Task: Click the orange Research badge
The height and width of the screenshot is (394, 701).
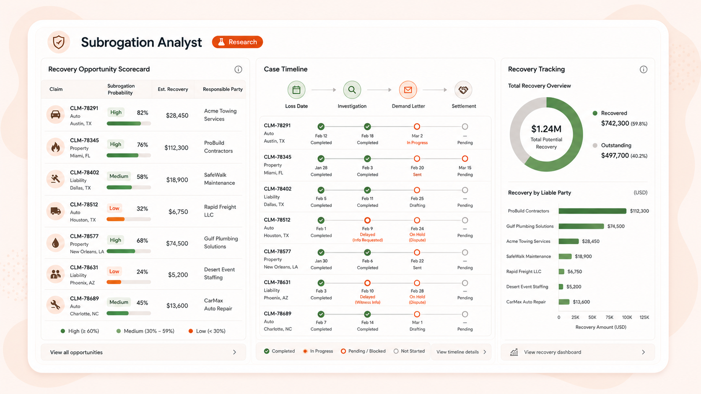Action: click(237, 42)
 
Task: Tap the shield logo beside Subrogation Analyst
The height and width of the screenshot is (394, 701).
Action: click(59, 42)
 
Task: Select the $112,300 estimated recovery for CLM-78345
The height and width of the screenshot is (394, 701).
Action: click(177, 147)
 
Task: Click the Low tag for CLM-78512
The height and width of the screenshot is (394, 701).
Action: click(114, 208)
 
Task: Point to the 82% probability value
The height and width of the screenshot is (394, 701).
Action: click(143, 113)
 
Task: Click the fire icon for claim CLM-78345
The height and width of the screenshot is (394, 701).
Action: click(55, 147)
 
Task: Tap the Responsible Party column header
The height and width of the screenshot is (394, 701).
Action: click(223, 89)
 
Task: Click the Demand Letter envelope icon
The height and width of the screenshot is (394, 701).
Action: click(408, 90)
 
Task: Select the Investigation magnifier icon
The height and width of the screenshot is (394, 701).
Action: click(352, 90)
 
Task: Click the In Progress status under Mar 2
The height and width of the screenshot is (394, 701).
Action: click(417, 142)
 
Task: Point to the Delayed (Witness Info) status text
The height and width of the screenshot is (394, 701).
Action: click(367, 299)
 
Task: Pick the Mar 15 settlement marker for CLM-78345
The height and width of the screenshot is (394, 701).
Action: click(465, 159)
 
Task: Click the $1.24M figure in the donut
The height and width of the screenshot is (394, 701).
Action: click(546, 129)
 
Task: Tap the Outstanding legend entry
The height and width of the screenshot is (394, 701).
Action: click(616, 145)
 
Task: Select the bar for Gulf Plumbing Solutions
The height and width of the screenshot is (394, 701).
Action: click(581, 226)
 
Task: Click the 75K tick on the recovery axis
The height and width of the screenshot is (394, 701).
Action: click(609, 317)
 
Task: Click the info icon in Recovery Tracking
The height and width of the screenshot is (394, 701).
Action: click(644, 70)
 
